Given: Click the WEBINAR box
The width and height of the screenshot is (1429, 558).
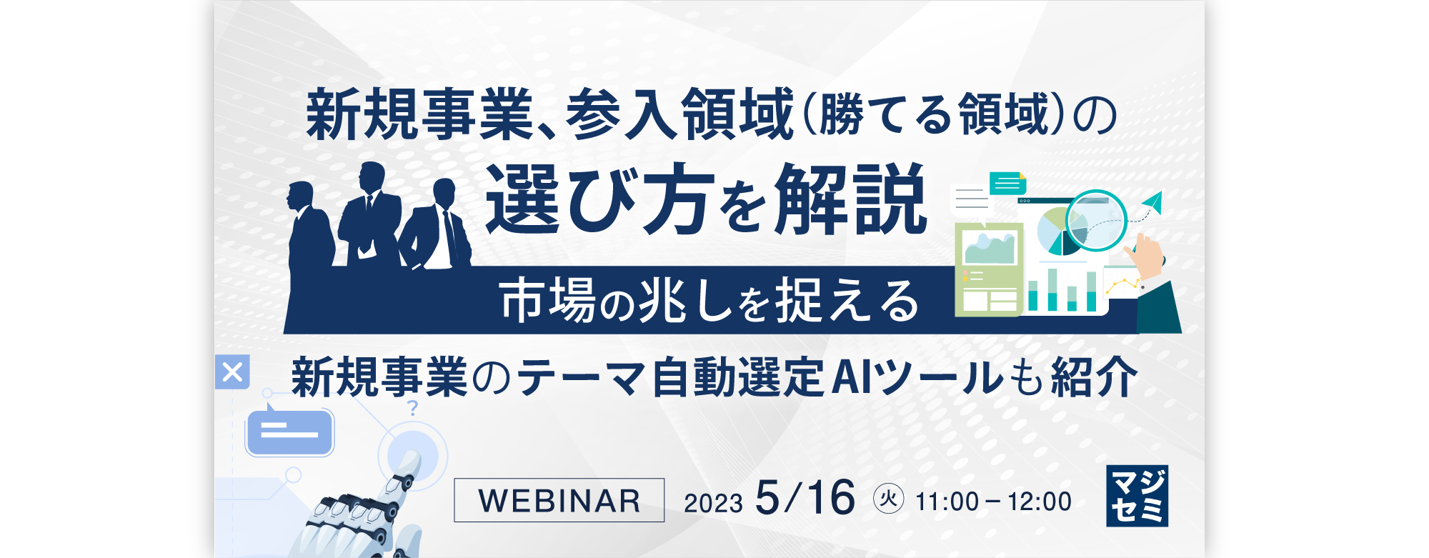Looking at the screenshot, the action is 559,500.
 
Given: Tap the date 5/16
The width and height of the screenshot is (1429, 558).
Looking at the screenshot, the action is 805,497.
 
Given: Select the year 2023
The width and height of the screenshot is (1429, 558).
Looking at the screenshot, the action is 712,503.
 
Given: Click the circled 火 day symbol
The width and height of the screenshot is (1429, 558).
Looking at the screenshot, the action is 888,498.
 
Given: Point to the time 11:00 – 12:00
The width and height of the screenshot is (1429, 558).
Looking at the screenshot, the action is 993,502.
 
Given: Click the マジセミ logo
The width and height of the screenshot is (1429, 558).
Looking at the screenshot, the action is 1137,496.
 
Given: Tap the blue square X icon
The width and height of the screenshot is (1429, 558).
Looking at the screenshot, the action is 232,372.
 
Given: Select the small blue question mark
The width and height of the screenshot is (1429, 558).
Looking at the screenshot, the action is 412,408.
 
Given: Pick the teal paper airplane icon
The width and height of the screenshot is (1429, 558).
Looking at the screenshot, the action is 1152,203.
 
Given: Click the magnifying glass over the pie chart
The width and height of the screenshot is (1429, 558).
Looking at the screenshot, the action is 1095,221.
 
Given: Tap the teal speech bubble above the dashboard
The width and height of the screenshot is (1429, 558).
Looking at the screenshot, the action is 1008,184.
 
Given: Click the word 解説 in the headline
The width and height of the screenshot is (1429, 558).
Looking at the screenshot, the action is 850,199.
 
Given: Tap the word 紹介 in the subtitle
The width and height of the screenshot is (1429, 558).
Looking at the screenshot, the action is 1094,377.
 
